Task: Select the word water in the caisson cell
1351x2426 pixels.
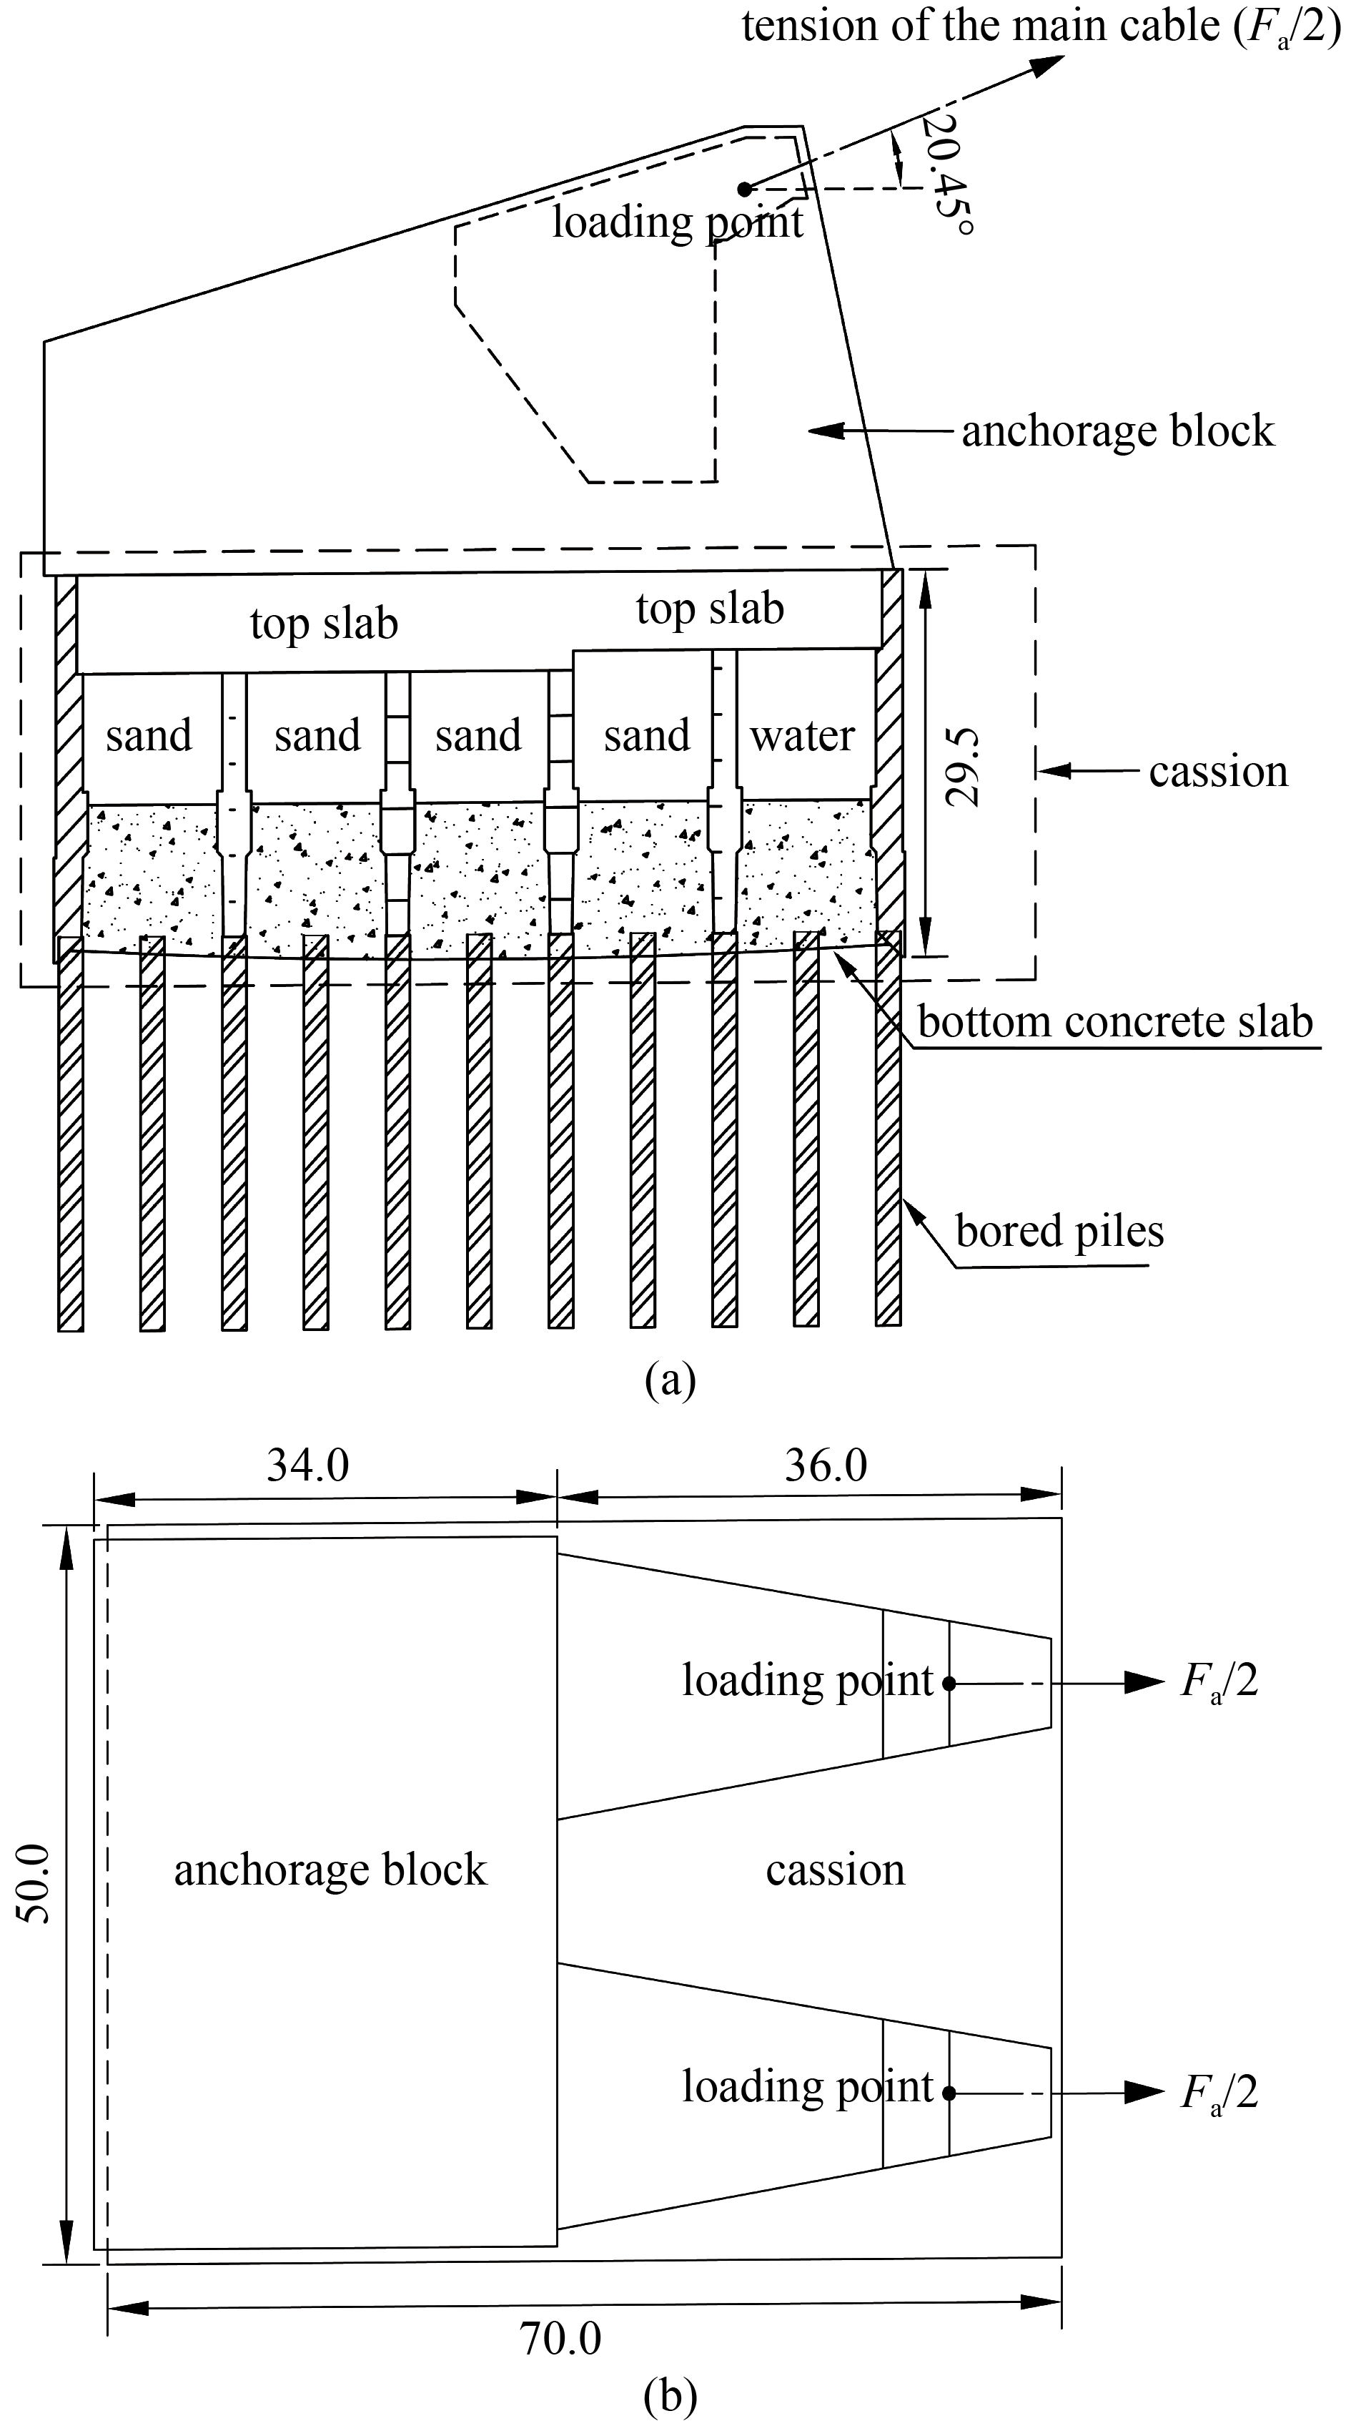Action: click(x=802, y=735)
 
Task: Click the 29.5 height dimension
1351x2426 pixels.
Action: click(x=963, y=767)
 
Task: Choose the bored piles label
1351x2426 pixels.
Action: click(x=1059, y=1231)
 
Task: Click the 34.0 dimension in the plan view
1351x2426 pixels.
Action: click(x=308, y=1465)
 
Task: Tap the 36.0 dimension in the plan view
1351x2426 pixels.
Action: click(x=826, y=1465)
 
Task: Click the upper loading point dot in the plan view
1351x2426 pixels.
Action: click(x=949, y=1684)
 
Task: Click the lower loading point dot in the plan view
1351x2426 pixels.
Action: click(x=949, y=2093)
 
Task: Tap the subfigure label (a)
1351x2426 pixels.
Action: click(x=670, y=1380)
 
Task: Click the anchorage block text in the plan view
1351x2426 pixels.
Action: click(x=330, y=1870)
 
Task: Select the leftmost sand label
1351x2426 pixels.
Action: click(x=149, y=735)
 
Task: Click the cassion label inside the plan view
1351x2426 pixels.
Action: click(x=835, y=1870)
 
